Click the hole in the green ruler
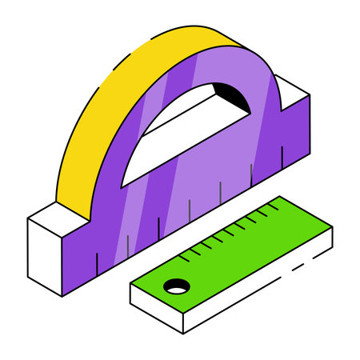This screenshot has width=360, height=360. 175,285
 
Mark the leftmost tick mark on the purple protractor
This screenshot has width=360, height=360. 97,259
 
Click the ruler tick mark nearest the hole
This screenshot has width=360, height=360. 189,254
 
